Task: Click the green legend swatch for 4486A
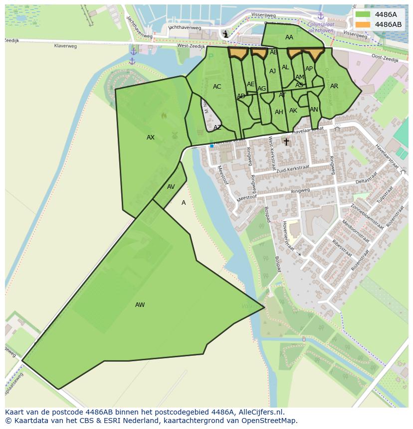363,14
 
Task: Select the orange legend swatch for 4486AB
363,24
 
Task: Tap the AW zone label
140,305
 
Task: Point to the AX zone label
151,138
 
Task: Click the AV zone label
171,187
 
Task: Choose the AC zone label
217,87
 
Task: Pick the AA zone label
289,37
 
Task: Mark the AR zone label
334,86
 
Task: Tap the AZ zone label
217,128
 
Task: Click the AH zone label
279,112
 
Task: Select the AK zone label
293,111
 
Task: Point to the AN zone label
314,110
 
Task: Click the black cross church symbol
286,142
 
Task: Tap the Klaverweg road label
66,46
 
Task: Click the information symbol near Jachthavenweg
226,34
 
